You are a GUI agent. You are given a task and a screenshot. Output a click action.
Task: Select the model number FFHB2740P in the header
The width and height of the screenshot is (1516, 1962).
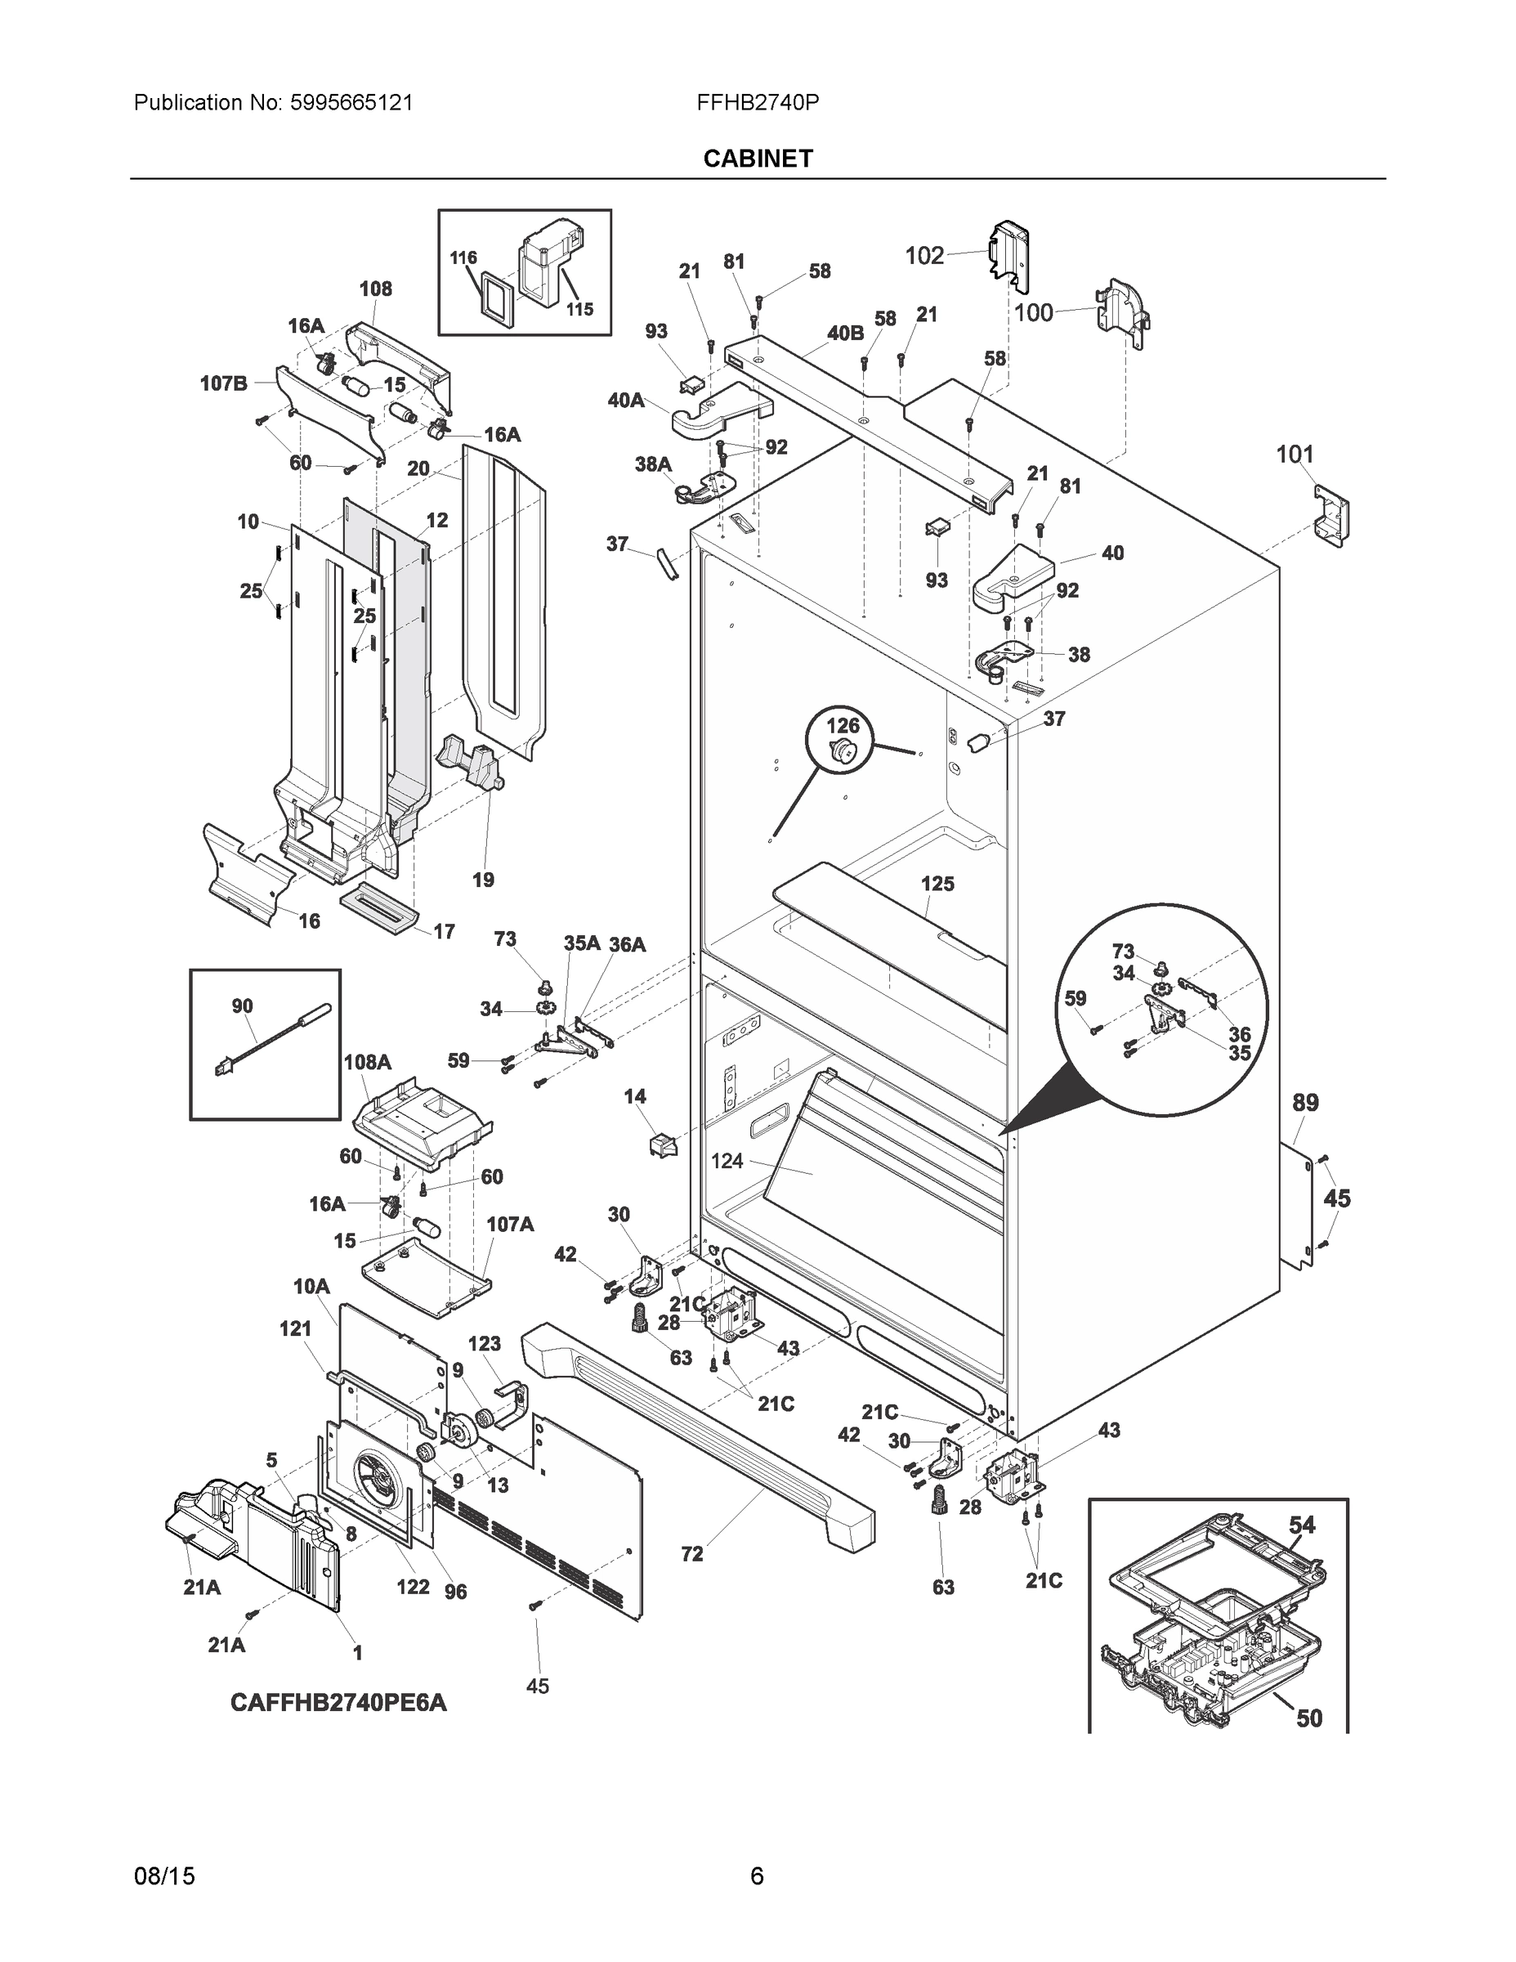click(x=757, y=102)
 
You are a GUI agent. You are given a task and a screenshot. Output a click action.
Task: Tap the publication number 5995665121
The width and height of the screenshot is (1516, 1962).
click(x=351, y=102)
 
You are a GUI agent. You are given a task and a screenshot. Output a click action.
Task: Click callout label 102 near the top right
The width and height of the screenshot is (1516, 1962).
click(x=924, y=256)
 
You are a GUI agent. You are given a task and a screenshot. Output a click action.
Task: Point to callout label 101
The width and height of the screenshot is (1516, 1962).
click(x=1295, y=455)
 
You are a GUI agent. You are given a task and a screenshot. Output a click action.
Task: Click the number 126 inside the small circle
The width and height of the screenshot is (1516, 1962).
click(x=843, y=725)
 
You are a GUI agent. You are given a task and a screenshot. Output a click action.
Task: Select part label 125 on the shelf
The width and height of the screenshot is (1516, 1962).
click(x=937, y=884)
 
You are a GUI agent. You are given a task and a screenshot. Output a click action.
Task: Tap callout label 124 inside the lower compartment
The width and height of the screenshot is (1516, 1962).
click(x=727, y=1161)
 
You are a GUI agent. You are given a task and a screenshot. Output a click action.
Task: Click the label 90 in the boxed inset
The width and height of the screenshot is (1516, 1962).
click(x=243, y=1006)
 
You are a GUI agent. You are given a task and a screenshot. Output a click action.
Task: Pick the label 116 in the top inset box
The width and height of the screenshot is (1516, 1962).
click(x=463, y=258)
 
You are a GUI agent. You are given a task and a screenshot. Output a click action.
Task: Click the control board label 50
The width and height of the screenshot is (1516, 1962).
click(x=1309, y=1718)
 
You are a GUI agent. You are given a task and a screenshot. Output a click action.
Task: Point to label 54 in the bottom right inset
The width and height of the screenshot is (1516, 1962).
click(x=1301, y=1525)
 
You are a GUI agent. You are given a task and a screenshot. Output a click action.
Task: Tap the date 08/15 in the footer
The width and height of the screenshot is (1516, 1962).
click(x=164, y=1877)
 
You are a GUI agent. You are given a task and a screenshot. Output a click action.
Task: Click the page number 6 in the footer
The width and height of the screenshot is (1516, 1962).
click(x=756, y=1877)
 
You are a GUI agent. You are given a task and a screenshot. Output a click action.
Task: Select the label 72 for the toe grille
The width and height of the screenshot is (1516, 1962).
click(x=691, y=1554)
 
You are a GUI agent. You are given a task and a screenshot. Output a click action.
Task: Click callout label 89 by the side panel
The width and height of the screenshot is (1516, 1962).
click(x=1305, y=1102)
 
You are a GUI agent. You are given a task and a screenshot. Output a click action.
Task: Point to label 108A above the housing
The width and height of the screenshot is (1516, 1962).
click(x=367, y=1062)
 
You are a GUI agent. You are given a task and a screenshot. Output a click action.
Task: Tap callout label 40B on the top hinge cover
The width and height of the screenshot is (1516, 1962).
click(x=845, y=334)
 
